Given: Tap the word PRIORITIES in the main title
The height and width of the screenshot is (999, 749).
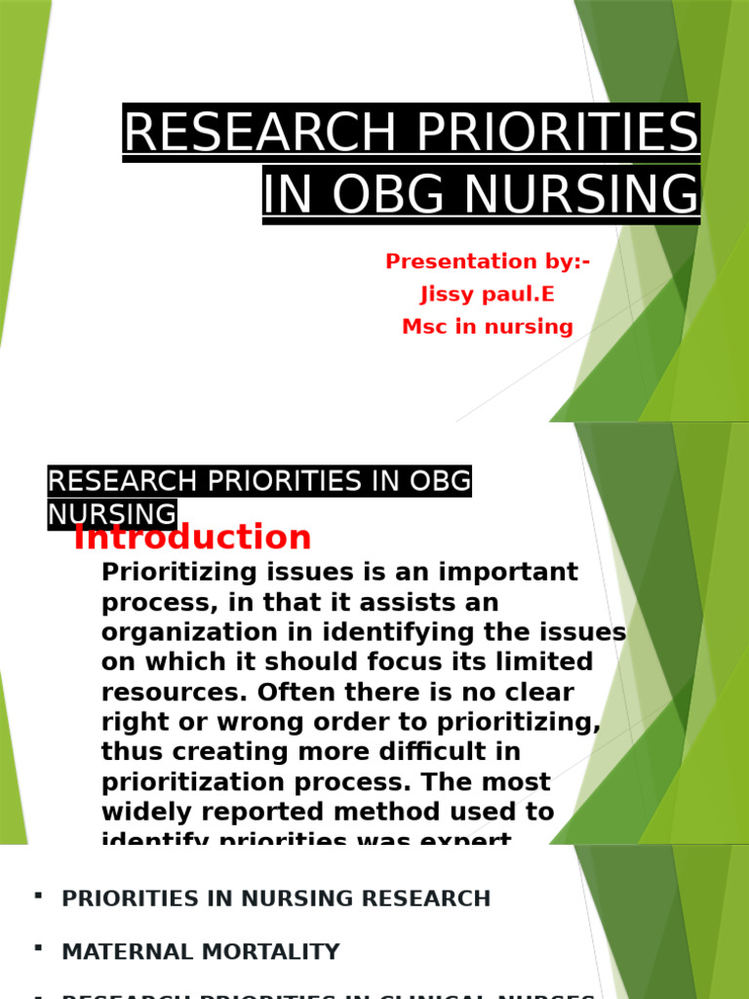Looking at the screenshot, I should [554, 132].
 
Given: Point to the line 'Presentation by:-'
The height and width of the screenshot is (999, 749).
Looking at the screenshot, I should [488, 261].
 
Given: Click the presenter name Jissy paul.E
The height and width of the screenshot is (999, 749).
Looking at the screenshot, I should [488, 295].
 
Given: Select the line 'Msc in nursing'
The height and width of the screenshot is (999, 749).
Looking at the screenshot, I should [488, 327].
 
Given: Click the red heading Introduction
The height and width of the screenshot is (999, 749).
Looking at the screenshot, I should [192, 538].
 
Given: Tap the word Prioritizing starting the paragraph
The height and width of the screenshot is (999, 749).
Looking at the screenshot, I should [181, 572].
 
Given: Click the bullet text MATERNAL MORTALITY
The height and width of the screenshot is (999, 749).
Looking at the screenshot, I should [201, 951].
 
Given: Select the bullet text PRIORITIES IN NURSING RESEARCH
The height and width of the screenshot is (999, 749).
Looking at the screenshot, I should [276, 899].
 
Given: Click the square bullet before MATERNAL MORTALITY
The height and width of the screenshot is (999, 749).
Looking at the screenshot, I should [37, 947].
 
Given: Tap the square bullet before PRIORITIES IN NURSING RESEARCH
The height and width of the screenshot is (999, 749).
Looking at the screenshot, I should [37, 895].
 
